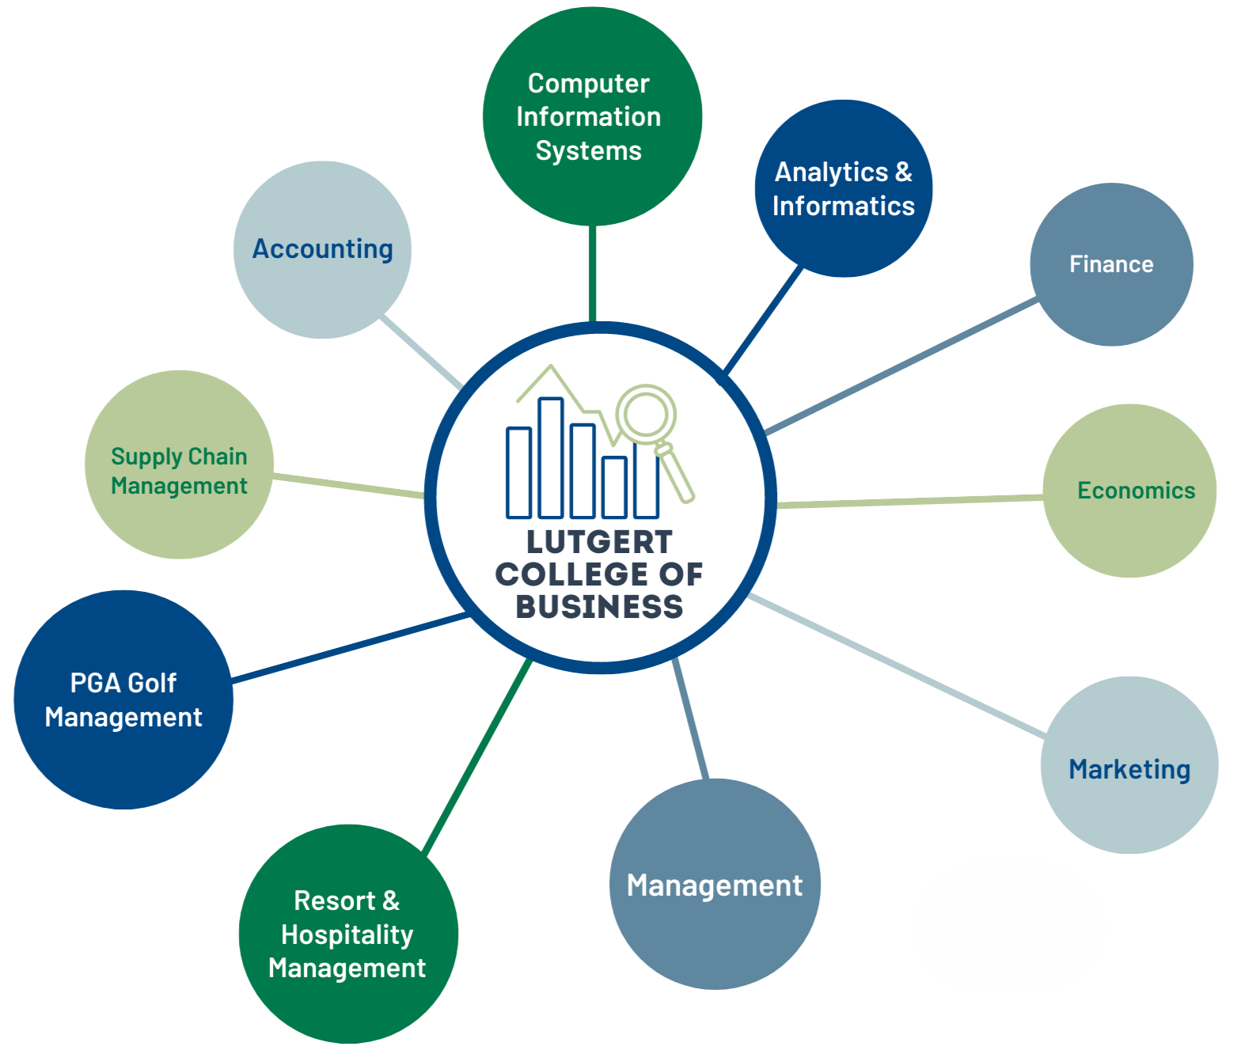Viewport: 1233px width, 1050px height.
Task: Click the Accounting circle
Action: (322, 249)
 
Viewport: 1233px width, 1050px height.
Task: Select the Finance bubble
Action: (1111, 264)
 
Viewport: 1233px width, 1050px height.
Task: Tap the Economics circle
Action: (1129, 491)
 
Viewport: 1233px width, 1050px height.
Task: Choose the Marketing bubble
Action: (1129, 765)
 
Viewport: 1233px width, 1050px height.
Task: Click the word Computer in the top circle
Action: (588, 84)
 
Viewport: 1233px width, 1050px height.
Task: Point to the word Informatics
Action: (844, 206)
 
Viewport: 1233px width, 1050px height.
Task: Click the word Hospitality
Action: (347, 934)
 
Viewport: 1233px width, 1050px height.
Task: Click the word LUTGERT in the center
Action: (600, 542)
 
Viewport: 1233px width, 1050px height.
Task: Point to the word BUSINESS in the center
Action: (600, 607)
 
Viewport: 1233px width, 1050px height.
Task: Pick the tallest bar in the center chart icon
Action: (551, 457)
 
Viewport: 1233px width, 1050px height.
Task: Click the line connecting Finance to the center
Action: (901, 366)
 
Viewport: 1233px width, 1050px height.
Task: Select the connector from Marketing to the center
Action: (896, 665)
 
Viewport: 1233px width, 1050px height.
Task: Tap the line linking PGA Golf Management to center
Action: (350, 647)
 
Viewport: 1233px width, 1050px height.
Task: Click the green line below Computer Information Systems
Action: (592, 274)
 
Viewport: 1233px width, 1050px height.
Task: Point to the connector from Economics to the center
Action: (909, 501)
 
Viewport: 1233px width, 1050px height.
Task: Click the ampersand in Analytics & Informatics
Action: (904, 172)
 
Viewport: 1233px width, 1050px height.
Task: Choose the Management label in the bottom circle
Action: (715, 886)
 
